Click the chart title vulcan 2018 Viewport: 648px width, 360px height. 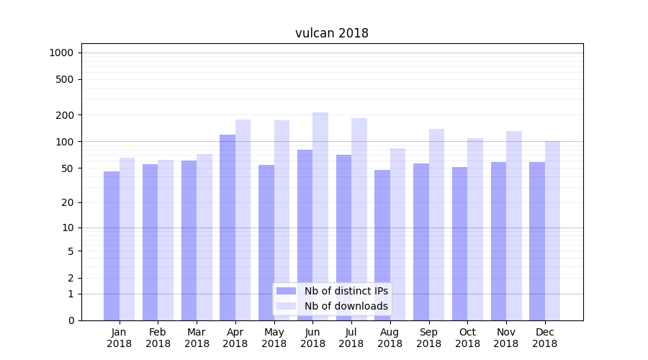[331, 33]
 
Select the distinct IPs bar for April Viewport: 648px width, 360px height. [228, 227]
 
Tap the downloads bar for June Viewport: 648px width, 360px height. [320, 216]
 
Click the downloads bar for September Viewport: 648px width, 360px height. [436, 224]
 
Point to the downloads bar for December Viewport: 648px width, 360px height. [552, 230]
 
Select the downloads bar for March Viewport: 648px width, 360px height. [204, 237]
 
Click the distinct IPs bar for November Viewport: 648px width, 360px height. [498, 240]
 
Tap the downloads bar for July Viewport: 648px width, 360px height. [359, 219]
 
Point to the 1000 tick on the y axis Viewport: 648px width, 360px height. [61, 53]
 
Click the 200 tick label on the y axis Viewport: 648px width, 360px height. [65, 115]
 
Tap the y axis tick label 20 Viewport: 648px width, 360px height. [68, 202]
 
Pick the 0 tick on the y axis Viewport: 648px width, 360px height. [71, 320]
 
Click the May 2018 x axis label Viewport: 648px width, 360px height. [274, 338]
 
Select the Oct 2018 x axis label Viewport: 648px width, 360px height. [467, 338]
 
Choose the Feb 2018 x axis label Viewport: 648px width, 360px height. [158, 338]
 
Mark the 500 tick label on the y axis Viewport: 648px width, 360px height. [65, 79]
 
